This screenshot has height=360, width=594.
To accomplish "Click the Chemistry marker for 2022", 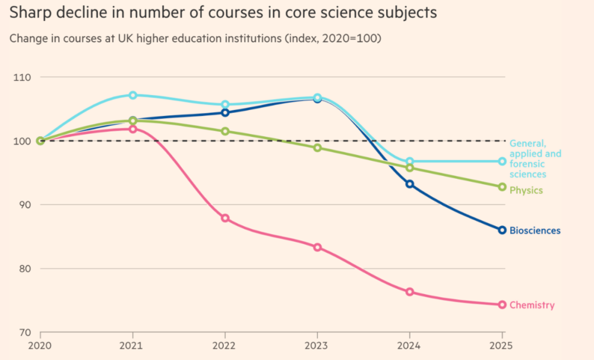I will pos(225,218).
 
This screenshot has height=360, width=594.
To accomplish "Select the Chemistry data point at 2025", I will pos(502,305).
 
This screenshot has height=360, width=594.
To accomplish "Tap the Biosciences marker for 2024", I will pos(410,184).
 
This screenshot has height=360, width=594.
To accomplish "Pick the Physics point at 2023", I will pos(317,147).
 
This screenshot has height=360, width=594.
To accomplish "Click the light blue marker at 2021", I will pos(133,95).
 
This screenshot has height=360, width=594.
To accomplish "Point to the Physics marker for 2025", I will pos(502,187).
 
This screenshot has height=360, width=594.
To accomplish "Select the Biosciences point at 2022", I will pos(225,112).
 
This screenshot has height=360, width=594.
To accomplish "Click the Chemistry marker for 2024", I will pos(410,292).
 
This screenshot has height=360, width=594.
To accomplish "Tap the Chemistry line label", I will pos(532,305).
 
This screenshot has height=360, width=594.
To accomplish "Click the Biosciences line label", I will pos(535,230).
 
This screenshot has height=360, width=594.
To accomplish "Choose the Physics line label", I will pos(526,190).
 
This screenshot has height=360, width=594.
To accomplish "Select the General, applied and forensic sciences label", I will pos(535,159).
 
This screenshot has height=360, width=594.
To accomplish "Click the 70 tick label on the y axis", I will pos(26,333).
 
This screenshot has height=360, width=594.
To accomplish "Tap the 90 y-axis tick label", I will pos(26,205).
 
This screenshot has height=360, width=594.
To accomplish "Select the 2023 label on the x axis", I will pos(317,346).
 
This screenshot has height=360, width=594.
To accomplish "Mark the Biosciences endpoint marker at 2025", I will pos(502,230).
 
